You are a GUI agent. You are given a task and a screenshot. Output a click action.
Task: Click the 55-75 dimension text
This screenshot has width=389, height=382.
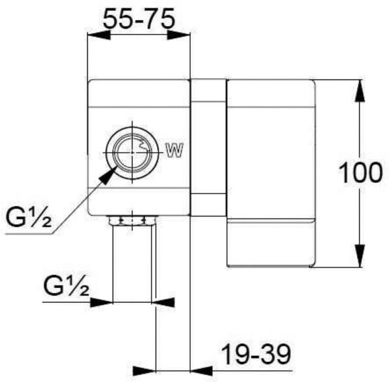[x=139, y=19]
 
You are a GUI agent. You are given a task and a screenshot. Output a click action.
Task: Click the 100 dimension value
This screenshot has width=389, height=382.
[x=360, y=173]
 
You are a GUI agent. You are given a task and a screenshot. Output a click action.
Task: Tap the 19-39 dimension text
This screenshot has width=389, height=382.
[x=256, y=355]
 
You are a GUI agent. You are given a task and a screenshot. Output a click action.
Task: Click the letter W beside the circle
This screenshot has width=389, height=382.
[x=174, y=150]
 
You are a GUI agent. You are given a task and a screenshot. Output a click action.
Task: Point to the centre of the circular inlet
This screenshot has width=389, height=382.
[x=132, y=152]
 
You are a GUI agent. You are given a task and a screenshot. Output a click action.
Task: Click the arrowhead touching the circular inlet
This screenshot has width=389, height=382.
[x=108, y=176]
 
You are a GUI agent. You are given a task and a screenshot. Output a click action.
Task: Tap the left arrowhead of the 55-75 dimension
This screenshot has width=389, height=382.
[x=99, y=35]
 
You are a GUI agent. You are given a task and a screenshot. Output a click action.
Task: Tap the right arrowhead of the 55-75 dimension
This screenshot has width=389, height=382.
[x=179, y=35]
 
